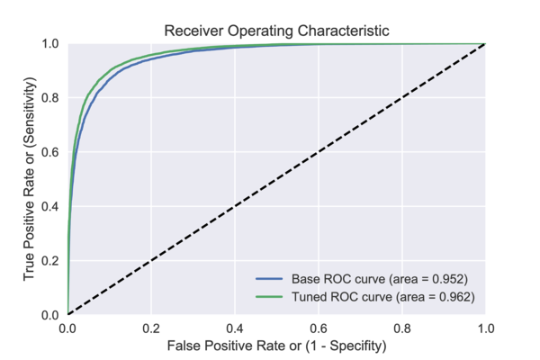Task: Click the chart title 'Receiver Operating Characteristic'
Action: (x=276, y=31)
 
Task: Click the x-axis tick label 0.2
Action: (x=151, y=328)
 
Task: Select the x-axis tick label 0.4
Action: (x=235, y=328)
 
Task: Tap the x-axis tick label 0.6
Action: (x=319, y=328)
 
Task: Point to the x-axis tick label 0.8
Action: (x=402, y=328)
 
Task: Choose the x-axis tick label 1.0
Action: (x=485, y=328)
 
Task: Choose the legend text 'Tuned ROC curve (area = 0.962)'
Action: (x=381, y=295)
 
